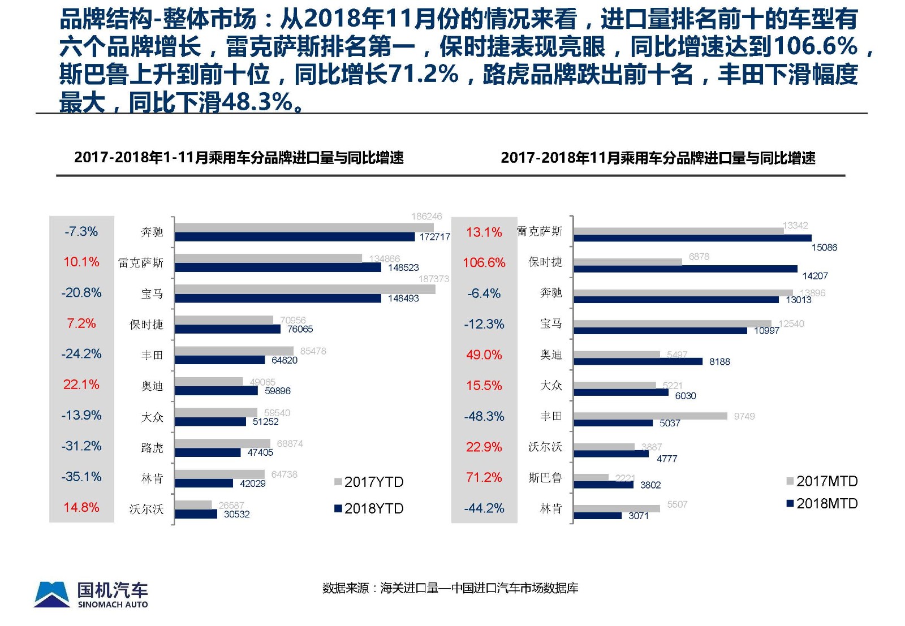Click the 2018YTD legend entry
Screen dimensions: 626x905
point(369,508)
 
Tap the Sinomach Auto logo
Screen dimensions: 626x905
point(91,594)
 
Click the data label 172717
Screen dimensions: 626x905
point(434,237)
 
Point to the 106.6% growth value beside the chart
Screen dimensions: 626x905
point(484,262)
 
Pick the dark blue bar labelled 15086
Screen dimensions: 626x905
point(692,238)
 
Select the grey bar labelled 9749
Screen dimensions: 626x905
point(650,416)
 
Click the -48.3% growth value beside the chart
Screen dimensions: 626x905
point(484,416)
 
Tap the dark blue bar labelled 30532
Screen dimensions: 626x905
point(196,514)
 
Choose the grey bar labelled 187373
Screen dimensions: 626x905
point(305,289)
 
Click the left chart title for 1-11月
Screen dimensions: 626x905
point(239,158)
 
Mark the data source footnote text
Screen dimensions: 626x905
point(450,588)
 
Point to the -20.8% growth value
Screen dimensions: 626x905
point(81,292)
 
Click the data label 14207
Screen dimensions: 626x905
point(815,276)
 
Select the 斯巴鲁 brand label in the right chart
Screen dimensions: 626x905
point(545,478)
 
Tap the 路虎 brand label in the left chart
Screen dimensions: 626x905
point(152,448)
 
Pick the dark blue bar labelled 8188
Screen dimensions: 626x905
point(638,361)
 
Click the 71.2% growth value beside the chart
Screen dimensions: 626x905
point(484,477)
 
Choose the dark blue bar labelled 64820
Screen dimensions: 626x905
point(219,360)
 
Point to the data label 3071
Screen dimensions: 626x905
point(639,516)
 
